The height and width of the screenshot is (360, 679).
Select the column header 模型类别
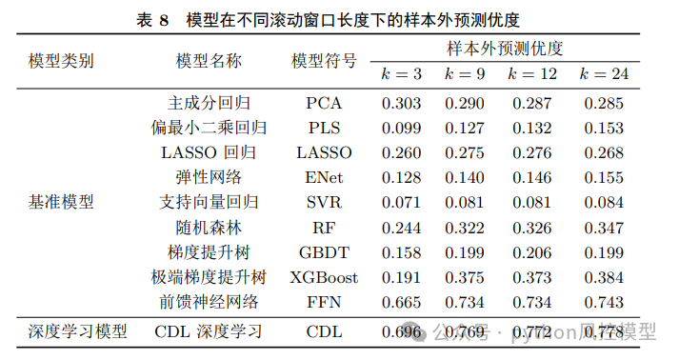[60, 62]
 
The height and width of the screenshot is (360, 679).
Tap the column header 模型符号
[324, 61]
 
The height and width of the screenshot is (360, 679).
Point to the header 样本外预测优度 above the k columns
[504, 48]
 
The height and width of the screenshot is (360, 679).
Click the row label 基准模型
[61, 202]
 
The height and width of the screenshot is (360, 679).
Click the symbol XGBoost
[324, 277]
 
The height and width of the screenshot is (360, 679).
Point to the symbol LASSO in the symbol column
[324, 152]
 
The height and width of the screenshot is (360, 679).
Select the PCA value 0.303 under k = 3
[401, 103]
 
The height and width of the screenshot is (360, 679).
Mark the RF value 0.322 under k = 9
[467, 228]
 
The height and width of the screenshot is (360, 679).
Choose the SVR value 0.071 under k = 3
[401, 202]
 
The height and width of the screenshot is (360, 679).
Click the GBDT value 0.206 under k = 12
[533, 252]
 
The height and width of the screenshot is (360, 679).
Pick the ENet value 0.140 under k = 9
[467, 177]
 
